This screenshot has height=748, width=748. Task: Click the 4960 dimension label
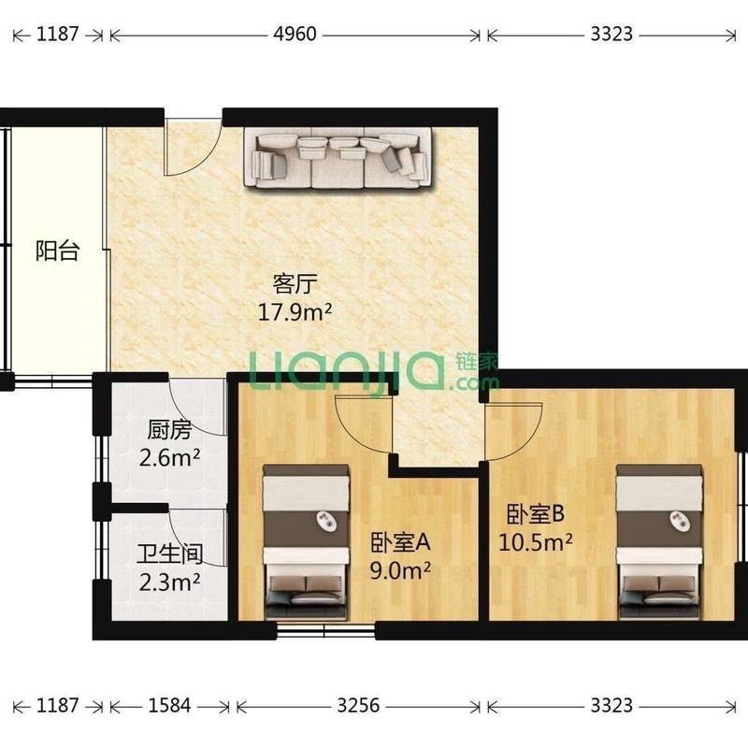pos(295,34)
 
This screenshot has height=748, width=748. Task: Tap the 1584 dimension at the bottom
pos(169,706)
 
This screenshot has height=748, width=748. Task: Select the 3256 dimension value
pos(358,706)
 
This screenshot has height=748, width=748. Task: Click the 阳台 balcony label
pos(57,251)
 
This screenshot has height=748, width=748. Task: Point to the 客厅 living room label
pos(295,284)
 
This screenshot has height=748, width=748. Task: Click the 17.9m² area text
pos(295,312)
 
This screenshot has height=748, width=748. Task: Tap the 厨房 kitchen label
pos(169,430)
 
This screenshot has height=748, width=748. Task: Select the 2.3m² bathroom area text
pos(169,582)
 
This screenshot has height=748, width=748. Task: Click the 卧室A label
pos(401,542)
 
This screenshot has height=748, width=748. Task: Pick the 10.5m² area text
pos(535,542)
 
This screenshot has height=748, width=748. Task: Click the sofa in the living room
pos(339,157)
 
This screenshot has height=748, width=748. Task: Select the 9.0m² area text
pos(401,570)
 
